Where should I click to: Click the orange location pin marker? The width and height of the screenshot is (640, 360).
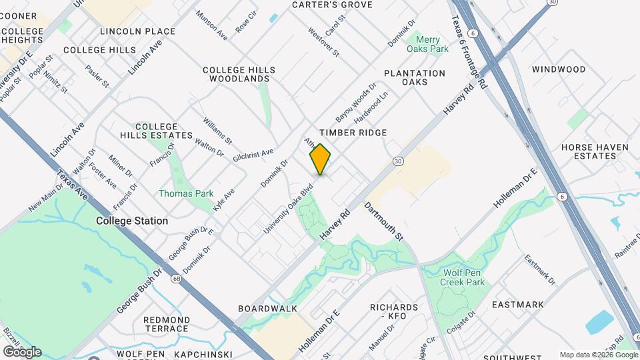[x=321, y=159]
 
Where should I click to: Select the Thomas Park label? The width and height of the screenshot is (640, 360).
[x=186, y=193]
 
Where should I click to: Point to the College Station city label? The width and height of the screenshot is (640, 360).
[x=132, y=221]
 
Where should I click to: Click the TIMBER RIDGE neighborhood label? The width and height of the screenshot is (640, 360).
[x=353, y=133]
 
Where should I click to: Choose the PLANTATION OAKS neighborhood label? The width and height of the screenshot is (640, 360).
[x=415, y=77]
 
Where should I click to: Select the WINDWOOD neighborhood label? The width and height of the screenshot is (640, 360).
[x=559, y=69]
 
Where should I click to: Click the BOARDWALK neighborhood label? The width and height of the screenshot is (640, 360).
[x=267, y=309]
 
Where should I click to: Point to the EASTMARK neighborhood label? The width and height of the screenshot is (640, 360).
[x=518, y=305]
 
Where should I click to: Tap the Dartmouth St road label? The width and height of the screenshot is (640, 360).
[x=385, y=221]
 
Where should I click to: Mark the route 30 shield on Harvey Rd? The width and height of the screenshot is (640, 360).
[x=398, y=161]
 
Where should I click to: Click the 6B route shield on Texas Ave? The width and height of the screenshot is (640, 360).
[x=176, y=279]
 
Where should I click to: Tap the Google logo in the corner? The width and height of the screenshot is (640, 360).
[x=22, y=351]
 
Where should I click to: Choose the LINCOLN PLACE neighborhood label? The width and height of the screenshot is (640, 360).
[x=137, y=31]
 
